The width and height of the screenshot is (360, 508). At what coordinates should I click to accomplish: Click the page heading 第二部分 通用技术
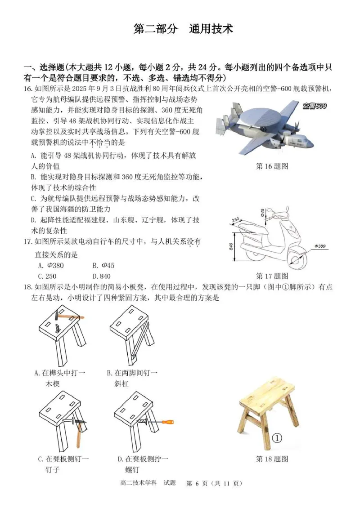click(183, 29)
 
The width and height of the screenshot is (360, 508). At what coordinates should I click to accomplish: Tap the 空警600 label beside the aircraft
click(314, 106)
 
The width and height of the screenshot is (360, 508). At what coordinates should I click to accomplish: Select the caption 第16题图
click(271, 166)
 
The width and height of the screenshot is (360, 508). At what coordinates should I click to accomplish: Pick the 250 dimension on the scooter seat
click(235, 220)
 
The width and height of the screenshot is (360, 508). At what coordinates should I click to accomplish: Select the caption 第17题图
click(271, 276)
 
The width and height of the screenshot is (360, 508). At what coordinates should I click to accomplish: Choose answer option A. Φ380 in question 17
click(51, 265)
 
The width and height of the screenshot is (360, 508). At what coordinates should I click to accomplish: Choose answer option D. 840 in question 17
click(101, 276)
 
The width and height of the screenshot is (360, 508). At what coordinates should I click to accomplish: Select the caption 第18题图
click(271, 459)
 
